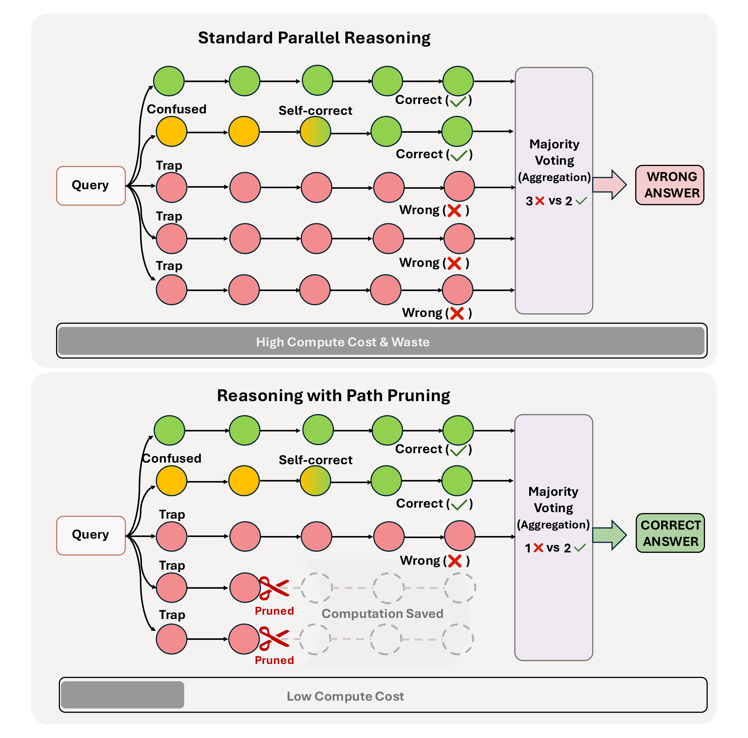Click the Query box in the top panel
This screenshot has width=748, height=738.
pyautogui.click(x=91, y=186)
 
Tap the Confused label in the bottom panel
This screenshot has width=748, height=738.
pyautogui.click(x=172, y=458)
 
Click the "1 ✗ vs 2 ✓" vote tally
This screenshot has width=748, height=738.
pyautogui.click(x=555, y=548)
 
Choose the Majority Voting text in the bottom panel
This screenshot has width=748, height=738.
pyautogui.click(x=553, y=499)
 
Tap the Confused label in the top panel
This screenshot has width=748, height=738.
pyautogui.click(x=177, y=109)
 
